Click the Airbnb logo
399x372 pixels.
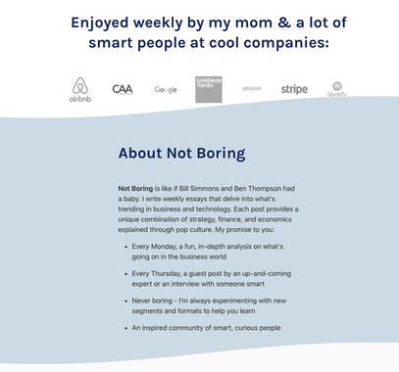click(x=80, y=90)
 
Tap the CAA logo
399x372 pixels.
click(x=123, y=89)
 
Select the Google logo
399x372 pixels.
click(x=166, y=90)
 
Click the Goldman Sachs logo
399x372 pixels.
click(x=208, y=89)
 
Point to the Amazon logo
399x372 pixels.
click(x=250, y=89)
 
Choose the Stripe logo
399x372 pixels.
click(x=294, y=89)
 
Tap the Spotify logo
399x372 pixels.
click(x=337, y=89)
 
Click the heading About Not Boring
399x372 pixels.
click(x=181, y=154)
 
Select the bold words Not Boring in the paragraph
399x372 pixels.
click(x=136, y=187)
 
